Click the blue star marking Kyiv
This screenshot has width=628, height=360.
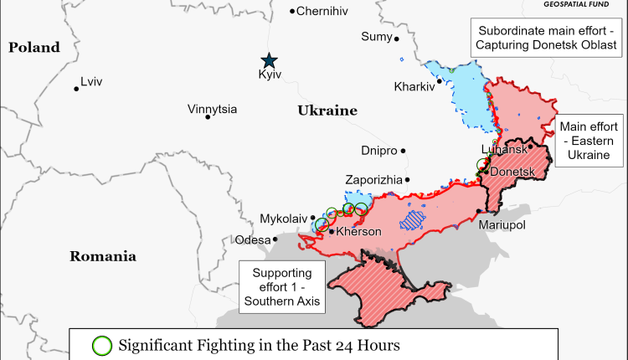(269, 60)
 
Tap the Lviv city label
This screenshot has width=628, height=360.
(91, 82)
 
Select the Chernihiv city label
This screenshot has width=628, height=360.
(322, 11)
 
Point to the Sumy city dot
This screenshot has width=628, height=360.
(397, 39)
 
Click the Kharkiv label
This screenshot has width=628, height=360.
(414, 86)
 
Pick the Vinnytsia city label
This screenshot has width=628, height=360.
(212, 109)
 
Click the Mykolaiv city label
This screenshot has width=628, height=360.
(284, 218)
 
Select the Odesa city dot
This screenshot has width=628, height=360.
(275, 239)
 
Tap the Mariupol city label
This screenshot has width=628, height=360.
(502, 226)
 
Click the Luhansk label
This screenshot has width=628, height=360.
(504, 149)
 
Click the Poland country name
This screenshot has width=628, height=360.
(34, 48)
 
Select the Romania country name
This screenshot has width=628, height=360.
(102, 256)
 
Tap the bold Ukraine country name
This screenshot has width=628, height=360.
(327, 111)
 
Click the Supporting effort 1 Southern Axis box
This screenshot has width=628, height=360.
(282, 287)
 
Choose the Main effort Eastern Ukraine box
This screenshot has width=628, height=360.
(590, 140)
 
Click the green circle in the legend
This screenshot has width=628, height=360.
(102, 345)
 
